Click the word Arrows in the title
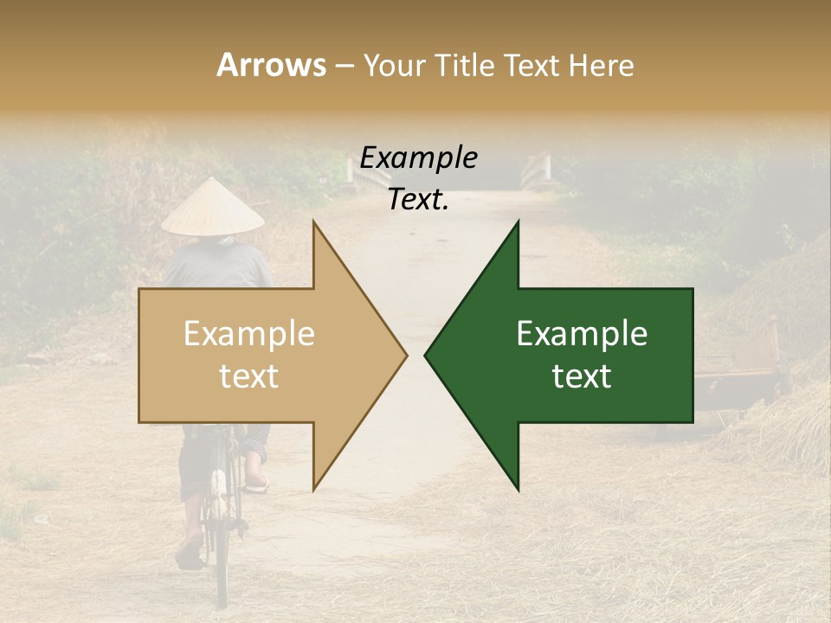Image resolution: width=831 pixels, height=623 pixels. point(272,65)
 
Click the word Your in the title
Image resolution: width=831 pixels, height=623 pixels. point(395,65)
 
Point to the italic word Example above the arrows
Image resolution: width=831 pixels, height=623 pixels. point(418,158)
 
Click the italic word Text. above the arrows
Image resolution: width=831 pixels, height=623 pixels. point(418,200)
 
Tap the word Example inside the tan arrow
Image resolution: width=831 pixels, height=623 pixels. point(249,334)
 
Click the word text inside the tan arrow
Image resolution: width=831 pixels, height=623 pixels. point(249,376)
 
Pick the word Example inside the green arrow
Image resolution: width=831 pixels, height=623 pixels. point(582,334)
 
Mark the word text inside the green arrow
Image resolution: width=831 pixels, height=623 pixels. point(582,376)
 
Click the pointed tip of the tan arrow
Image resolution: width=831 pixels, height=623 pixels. point(404,355)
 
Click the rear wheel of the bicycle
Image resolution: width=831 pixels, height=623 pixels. point(221,554)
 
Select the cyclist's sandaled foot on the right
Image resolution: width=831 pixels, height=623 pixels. point(256,478)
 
